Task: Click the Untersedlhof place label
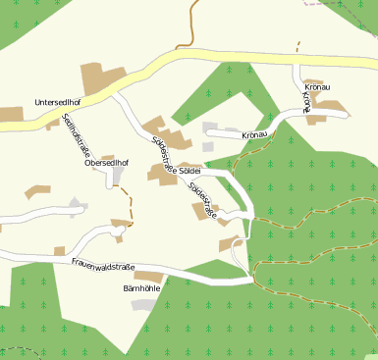(x=56, y=101)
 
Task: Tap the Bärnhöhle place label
(x=141, y=289)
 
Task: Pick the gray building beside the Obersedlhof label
(x=118, y=175)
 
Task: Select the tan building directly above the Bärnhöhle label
(x=150, y=277)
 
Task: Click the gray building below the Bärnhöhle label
(x=144, y=305)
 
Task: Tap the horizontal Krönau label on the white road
(x=253, y=134)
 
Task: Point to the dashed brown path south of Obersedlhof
(x=128, y=205)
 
